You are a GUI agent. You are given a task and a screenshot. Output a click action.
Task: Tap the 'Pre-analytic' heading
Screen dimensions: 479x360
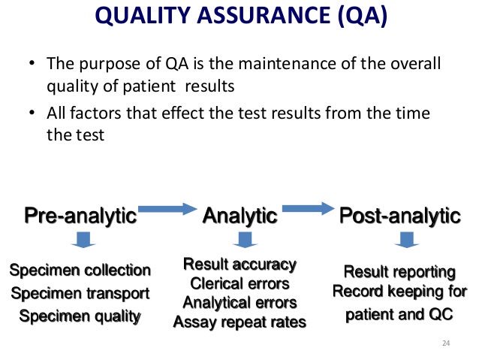coord(80,216)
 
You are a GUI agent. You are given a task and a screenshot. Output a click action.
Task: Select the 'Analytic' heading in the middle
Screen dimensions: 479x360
coord(240,216)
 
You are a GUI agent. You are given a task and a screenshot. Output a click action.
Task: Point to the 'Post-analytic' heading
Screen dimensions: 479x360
coord(399,216)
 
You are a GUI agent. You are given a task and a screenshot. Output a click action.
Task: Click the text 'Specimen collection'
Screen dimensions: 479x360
coord(80,270)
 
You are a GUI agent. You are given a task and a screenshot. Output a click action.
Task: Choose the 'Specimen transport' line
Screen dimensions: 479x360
coord(80,293)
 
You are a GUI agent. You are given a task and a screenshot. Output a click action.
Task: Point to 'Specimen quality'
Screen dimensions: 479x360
coord(80,316)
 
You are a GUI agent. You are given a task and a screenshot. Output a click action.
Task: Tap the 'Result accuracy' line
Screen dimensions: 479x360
coord(240,265)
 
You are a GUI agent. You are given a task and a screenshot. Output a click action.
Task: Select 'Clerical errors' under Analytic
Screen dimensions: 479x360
coord(240,284)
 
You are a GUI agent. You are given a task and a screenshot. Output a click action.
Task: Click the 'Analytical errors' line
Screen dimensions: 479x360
coord(240,304)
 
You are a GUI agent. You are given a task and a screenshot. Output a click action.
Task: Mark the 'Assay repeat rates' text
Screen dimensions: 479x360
coord(240,323)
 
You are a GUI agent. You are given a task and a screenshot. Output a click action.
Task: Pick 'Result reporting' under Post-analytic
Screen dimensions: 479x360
coord(399,271)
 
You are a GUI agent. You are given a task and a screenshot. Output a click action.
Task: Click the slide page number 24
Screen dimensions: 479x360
coord(447,343)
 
